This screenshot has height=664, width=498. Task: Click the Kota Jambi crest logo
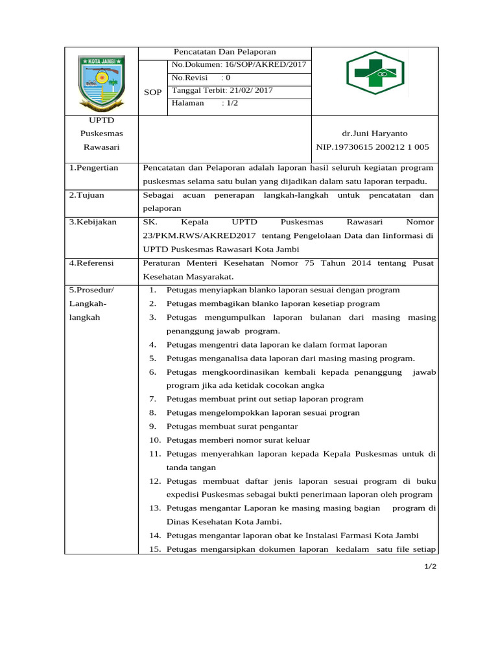[101, 82]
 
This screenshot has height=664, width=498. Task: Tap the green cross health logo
[375, 73]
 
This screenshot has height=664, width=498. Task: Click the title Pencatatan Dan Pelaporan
[224, 52]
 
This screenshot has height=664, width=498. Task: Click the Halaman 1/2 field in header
[205, 103]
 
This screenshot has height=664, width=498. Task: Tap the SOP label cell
[153, 92]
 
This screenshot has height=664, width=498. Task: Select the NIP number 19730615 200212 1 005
[372, 147]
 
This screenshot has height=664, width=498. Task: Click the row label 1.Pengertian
[94, 168]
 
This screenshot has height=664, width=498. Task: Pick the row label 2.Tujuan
[87, 195]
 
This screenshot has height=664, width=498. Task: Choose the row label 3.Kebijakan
[93, 222]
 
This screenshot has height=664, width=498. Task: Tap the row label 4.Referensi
[91, 263]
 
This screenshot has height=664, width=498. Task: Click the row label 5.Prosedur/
[92, 290]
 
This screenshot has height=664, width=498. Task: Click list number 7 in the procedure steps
[153, 399]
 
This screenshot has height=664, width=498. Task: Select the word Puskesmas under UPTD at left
[101, 133]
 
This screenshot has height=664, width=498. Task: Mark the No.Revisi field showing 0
[201, 77]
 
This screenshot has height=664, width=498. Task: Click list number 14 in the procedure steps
[155, 536]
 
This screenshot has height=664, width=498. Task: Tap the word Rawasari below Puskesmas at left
[101, 147]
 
